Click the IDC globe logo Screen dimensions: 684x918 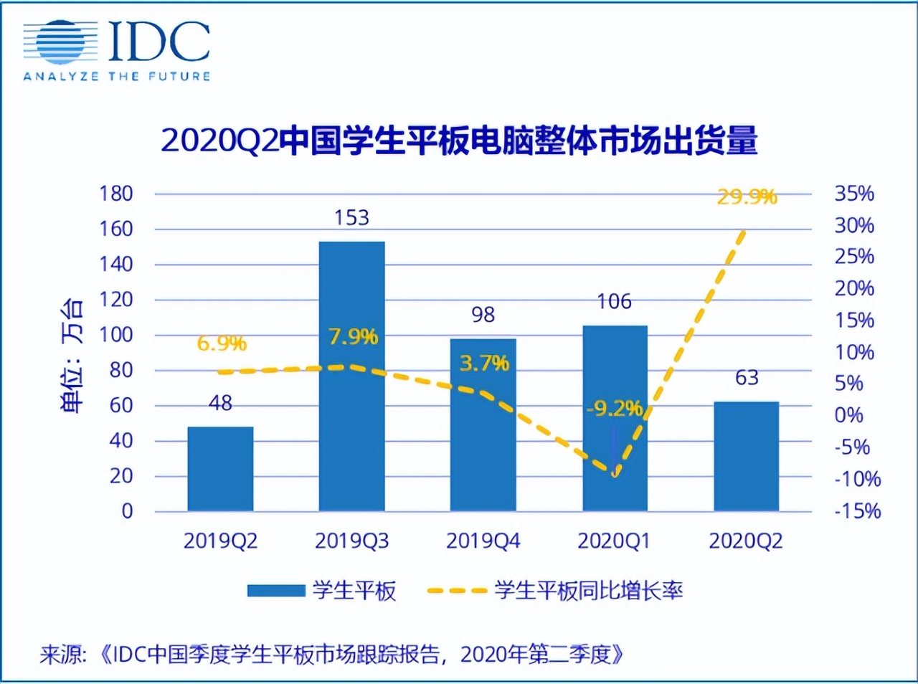pos(60,42)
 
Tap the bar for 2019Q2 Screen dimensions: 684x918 pos(220,469)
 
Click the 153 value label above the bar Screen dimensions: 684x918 pos(351,217)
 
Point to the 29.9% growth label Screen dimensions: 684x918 pos(747,196)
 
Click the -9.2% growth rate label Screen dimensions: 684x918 pos(614,409)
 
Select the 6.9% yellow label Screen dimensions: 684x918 pos(222,343)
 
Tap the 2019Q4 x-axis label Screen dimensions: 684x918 pos(483,541)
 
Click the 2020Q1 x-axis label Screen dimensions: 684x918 pos(614,541)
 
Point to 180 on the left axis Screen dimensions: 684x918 pos(116,194)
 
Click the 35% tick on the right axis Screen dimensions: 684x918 pos(854,194)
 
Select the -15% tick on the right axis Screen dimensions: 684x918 pos(857,511)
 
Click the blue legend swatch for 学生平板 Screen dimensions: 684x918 pos(276,591)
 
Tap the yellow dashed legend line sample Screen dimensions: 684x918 pos(457,591)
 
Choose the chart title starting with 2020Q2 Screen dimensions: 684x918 pos(459,141)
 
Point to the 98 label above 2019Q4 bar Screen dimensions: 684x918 pos(483,315)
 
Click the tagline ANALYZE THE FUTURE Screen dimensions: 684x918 pos(117,76)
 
